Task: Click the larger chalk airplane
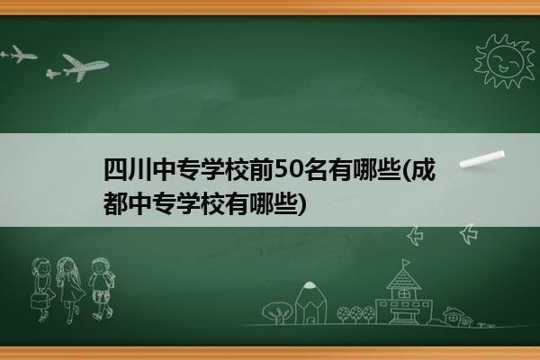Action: [x=85, y=67]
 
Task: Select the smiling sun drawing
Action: [x=505, y=62]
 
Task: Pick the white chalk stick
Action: [x=482, y=159]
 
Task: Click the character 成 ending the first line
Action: [x=423, y=170]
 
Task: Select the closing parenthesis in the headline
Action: [x=301, y=204]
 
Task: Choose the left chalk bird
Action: [x=416, y=236]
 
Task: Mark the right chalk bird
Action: [x=469, y=234]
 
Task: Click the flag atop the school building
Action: [x=407, y=263]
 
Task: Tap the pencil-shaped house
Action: [x=310, y=303]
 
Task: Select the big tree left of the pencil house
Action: [x=277, y=312]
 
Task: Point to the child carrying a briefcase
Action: [x=42, y=290]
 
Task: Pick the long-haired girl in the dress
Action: [x=70, y=290]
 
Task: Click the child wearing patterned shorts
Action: [x=101, y=289]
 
